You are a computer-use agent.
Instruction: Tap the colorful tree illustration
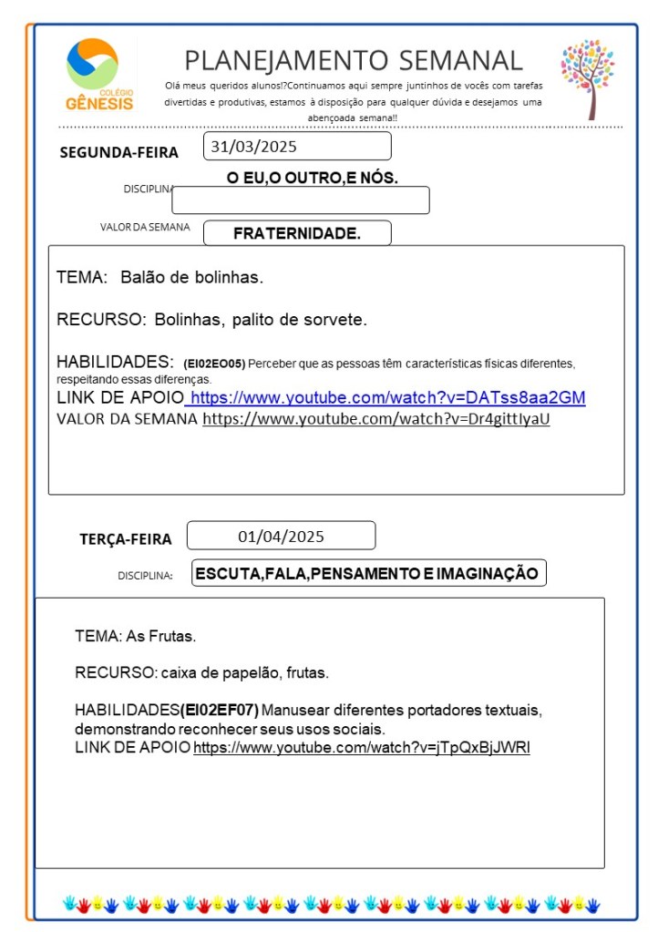point(588,77)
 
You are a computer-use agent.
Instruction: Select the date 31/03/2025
point(253,146)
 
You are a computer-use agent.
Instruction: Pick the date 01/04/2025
point(281,536)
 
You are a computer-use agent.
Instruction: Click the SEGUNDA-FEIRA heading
point(118,152)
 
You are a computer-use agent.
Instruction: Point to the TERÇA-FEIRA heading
point(126,539)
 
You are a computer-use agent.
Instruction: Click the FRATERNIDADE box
point(297,233)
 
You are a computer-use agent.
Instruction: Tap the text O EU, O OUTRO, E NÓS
point(313,179)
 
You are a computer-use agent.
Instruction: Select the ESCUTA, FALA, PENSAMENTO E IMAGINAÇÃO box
point(369,573)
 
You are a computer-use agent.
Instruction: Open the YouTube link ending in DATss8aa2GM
point(387,398)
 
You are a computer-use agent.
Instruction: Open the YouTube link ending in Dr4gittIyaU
point(376,419)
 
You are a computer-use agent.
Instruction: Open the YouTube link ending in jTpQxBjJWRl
point(362,748)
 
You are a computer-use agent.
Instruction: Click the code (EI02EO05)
point(214,364)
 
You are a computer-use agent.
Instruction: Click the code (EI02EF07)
point(220,709)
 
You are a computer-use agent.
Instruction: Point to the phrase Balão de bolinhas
point(191,277)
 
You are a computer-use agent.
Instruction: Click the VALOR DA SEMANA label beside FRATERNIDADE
point(145,228)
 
